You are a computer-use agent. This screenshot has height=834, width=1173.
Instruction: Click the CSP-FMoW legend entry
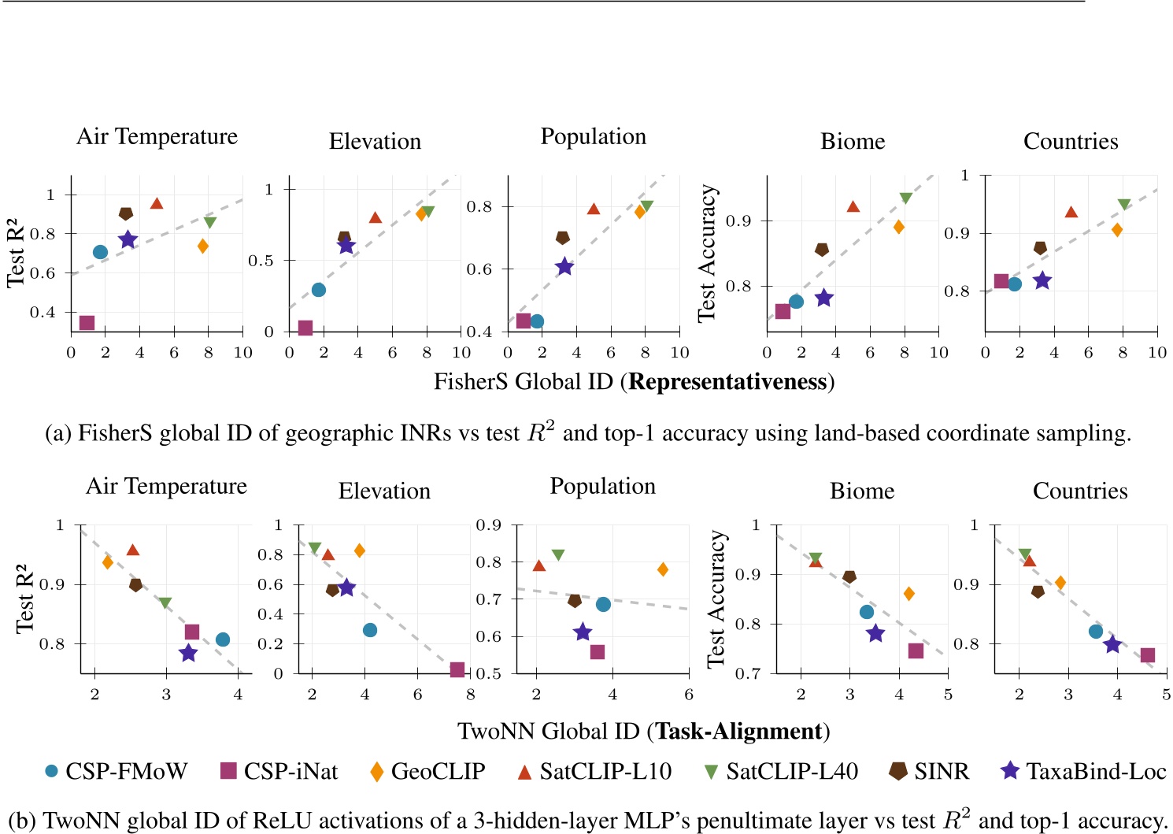point(117,771)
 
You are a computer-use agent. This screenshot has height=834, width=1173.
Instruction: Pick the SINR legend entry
point(930,771)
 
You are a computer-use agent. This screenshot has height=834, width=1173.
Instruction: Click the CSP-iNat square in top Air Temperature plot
point(87,323)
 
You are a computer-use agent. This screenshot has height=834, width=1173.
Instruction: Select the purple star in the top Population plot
point(564,267)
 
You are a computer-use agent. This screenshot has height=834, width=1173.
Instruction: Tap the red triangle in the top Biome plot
point(853,206)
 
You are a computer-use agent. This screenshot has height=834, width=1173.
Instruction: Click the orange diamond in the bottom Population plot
point(663,569)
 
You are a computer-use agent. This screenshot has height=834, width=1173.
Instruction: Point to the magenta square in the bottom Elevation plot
point(457,669)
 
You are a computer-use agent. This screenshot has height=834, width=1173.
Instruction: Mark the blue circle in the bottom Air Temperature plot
point(223,639)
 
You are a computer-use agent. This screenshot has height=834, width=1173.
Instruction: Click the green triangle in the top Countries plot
point(1124,205)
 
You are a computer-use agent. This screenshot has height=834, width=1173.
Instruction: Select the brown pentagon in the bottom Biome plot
point(849,576)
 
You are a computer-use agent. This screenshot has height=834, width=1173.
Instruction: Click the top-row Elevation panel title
point(375,142)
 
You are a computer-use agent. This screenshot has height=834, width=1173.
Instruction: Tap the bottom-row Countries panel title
point(1079,491)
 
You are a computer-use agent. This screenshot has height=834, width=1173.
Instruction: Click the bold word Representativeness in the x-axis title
point(728,382)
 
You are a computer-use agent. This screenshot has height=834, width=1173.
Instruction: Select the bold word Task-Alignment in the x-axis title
point(738,732)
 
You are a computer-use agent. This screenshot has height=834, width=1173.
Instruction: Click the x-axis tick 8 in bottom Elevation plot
point(470,695)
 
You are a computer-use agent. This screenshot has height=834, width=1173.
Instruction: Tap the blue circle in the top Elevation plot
point(318,290)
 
